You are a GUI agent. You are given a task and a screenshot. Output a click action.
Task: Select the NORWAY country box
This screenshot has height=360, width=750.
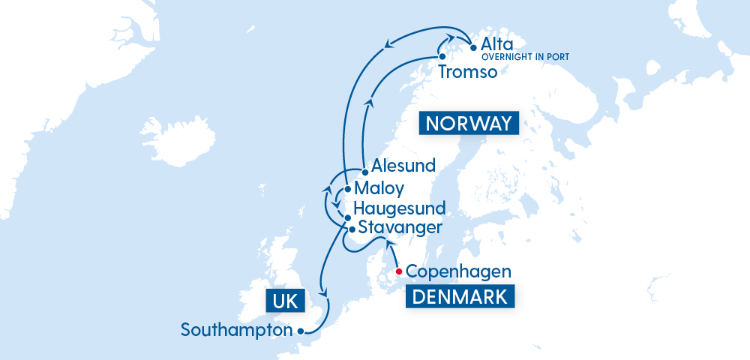point(470,123)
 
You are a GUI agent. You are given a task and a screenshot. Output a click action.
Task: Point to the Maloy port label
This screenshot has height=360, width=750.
point(379,188)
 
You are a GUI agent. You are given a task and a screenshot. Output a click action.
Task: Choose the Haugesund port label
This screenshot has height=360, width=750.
point(400,208)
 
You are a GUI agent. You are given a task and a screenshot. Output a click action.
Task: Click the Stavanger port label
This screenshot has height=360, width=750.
point(400,226)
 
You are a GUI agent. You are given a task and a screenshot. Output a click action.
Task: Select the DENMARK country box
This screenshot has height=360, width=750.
point(460,296)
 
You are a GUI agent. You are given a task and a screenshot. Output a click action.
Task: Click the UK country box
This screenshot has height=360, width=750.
point(286,301)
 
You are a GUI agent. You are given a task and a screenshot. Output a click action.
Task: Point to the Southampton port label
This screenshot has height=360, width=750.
point(236,330)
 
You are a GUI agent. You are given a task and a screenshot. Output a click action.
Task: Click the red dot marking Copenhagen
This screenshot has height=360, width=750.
point(399,271)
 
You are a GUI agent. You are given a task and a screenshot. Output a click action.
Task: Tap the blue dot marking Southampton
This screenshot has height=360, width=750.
point(299,331)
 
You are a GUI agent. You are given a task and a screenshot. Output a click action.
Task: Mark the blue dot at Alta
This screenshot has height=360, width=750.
point(473,48)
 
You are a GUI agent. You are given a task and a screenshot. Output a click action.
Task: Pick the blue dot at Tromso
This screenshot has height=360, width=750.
point(442,57)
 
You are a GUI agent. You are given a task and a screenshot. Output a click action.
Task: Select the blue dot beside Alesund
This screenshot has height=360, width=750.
point(364,172)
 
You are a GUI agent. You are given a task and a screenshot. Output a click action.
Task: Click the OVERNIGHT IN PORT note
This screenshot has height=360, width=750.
point(525,57)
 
